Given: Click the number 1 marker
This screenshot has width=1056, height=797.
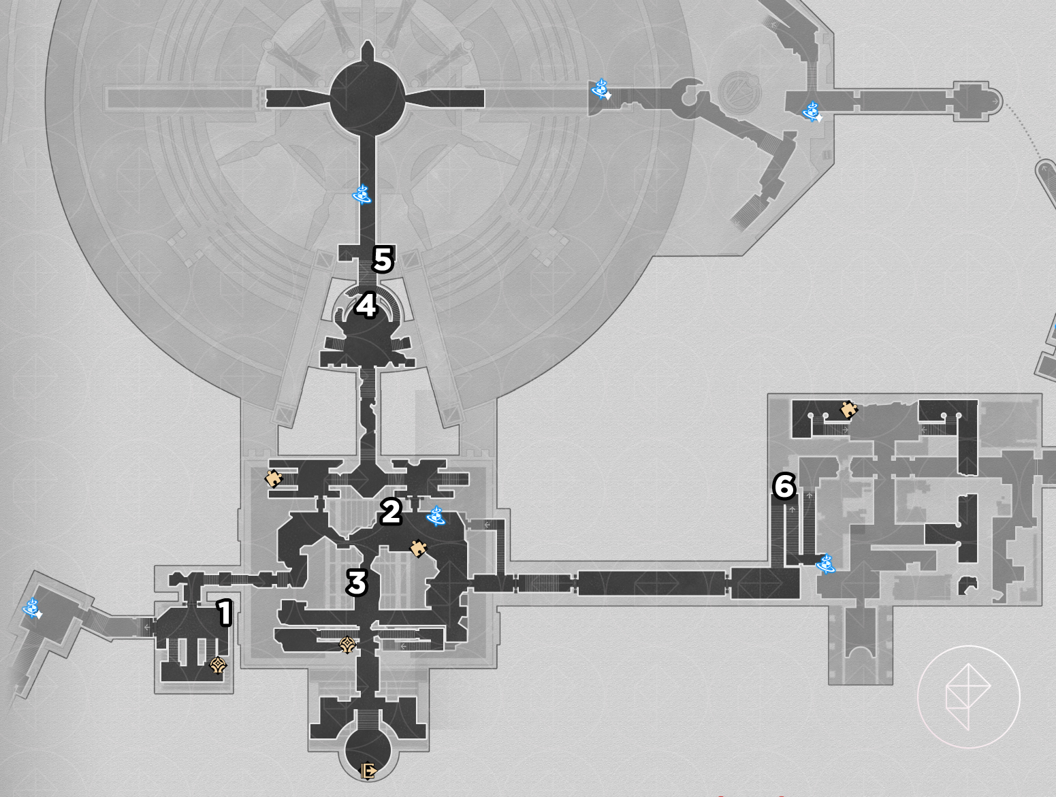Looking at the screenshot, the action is pos(224,613).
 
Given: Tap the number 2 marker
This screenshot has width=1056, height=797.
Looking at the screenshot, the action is pos(391,511).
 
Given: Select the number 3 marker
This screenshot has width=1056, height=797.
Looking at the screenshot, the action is pos(357,583).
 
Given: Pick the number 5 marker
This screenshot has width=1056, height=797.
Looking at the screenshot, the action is pos(383,259).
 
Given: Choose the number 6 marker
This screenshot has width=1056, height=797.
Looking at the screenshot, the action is pos(784,487).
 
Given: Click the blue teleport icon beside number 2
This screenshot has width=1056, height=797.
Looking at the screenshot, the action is pos(436,516).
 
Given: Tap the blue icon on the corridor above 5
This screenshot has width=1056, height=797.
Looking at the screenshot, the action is pos(362,195).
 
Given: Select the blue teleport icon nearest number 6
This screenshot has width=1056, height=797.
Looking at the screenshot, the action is pos(826,564).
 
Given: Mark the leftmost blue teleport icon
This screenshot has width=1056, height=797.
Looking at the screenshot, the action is pos(33,608).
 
